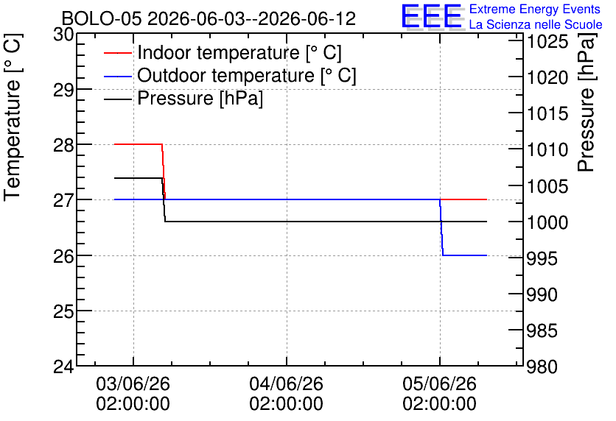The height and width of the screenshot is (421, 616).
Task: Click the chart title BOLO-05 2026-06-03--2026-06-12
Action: pyautogui.click(x=209, y=18)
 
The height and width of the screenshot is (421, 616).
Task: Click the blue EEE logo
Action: pyautogui.click(x=431, y=16)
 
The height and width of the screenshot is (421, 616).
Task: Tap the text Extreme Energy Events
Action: pyautogui.click(x=535, y=9)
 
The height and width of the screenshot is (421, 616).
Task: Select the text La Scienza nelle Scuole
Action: pyautogui.click(x=536, y=24)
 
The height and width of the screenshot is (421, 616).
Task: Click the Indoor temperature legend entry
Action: pyautogui.click(x=223, y=52)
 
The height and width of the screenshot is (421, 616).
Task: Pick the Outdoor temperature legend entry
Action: pyautogui.click(x=230, y=75)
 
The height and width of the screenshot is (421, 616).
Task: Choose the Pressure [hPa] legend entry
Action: pyautogui.click(x=183, y=98)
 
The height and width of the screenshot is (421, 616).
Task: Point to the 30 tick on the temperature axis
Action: pyautogui.click(x=63, y=35)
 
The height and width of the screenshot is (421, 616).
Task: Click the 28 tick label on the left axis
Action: pyautogui.click(x=63, y=145)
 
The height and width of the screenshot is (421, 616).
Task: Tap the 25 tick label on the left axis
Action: pyautogui.click(x=63, y=311)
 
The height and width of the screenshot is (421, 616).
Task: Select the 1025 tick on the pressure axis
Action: pyautogui.click(x=547, y=42)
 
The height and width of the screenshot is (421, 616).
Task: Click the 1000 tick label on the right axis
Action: pyautogui.click(x=547, y=223)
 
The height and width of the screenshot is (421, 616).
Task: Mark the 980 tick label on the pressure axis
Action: pyautogui.click(x=542, y=367)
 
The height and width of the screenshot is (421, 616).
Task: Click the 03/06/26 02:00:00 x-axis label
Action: pyautogui.click(x=133, y=394)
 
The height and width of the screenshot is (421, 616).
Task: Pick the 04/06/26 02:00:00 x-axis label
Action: pyautogui.click(x=287, y=394)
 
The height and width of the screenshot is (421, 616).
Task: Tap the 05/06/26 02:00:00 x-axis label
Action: pyautogui.click(x=440, y=394)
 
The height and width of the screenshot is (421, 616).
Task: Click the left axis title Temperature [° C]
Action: pyautogui.click(x=13, y=117)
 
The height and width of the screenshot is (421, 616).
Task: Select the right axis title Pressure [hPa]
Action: pyautogui.click(x=587, y=102)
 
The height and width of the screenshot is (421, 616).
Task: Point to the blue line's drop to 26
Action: pyautogui.click(x=441, y=227)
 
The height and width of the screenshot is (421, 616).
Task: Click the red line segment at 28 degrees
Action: pyautogui.click(x=138, y=144)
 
